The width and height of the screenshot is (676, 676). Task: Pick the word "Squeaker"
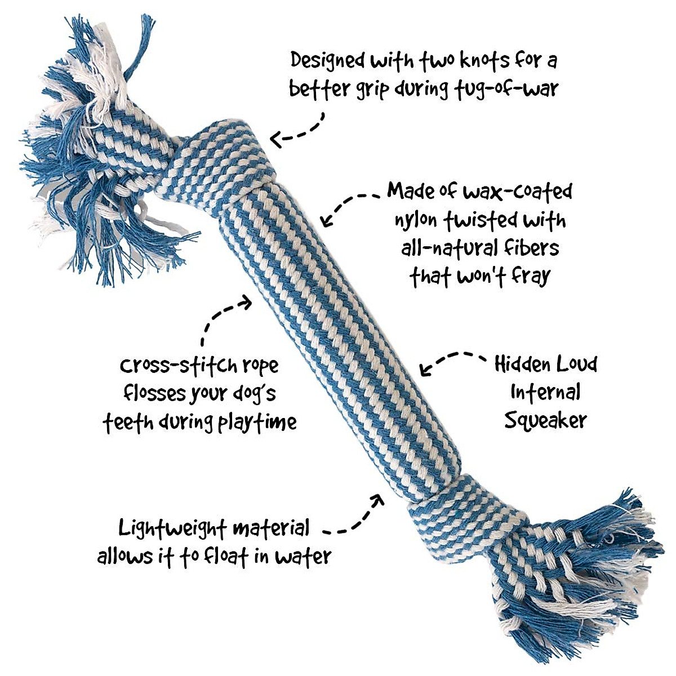tap(545, 420)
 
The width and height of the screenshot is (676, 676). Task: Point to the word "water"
tap(303, 557)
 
